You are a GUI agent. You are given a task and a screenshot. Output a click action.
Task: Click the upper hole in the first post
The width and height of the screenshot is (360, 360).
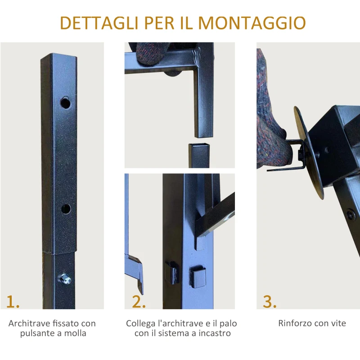66,103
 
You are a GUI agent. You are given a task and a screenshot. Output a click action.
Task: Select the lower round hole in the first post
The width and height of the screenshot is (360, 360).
66,208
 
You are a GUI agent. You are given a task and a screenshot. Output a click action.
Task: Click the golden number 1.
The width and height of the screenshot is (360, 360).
13,301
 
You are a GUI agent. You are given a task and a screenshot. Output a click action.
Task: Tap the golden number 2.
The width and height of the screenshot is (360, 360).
139,301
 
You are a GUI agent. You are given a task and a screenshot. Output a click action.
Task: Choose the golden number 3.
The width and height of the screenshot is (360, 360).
269,301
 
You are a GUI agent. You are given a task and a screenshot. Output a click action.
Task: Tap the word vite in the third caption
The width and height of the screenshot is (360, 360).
338,323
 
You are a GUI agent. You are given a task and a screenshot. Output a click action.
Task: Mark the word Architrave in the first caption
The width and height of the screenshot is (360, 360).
28,323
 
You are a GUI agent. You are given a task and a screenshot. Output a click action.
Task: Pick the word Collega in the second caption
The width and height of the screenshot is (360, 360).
141,323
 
